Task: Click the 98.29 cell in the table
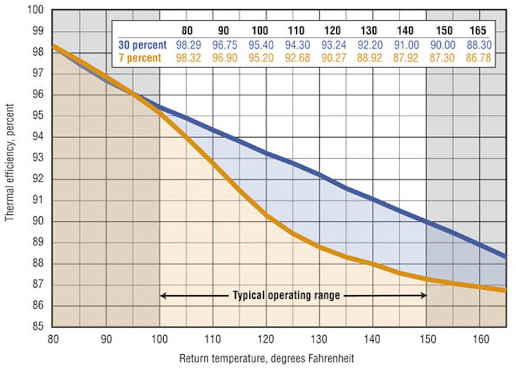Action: pyautogui.click(x=187, y=45)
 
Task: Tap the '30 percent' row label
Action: pyautogui.click(x=142, y=45)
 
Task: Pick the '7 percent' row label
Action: pyautogui.click(x=142, y=58)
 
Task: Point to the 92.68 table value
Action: pyautogui.click(x=296, y=58)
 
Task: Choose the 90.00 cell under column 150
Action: pyautogui.click(x=443, y=45)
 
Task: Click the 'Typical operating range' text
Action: pyautogui.click(x=286, y=295)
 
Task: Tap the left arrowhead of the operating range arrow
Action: pyautogui.click(x=163, y=295)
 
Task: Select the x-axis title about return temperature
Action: pyautogui.click(x=266, y=358)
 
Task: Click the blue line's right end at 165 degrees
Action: pyautogui.click(x=505, y=255)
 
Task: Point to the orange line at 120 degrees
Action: pyautogui.click(x=266, y=216)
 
